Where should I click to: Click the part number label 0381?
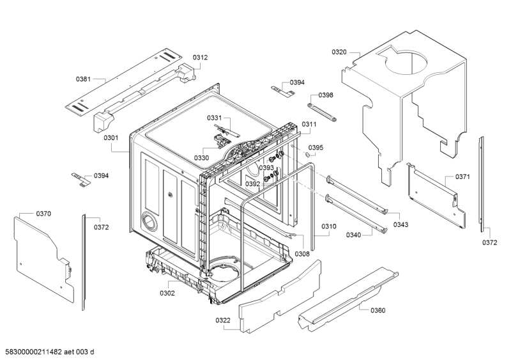[83, 79]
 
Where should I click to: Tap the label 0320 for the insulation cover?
[339, 52]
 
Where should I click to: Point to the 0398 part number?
[326, 95]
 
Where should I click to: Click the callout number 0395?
[316, 148]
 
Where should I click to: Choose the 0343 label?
[401, 224]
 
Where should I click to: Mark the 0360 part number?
[378, 310]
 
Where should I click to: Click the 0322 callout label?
[222, 320]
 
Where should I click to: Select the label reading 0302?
[167, 294]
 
